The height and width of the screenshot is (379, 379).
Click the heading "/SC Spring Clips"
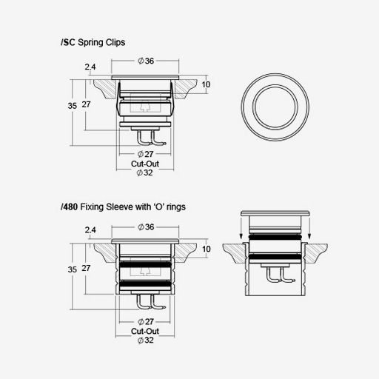click(x=93, y=42)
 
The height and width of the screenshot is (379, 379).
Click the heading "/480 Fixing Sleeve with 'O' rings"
click(x=123, y=207)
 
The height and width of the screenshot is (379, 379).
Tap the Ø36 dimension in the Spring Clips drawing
click(x=146, y=61)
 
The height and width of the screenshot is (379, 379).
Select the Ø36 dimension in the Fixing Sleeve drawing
click(x=146, y=227)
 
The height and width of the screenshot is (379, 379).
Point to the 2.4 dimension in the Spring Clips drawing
click(x=90, y=67)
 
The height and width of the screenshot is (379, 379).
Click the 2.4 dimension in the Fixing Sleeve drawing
click(x=90, y=230)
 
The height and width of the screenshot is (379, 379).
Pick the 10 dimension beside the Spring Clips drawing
click(x=206, y=84)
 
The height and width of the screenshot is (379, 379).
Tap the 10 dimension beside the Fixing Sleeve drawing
click(x=207, y=249)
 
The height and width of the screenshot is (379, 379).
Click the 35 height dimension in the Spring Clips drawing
click(x=73, y=106)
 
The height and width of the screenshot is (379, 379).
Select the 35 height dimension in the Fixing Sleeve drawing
click(x=73, y=269)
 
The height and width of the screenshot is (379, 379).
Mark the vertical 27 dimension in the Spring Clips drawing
click(x=86, y=104)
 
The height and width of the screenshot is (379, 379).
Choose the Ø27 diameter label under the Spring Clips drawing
click(x=145, y=154)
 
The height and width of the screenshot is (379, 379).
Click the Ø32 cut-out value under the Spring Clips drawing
click(x=145, y=172)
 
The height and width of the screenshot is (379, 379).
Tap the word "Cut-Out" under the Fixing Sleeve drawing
click(x=145, y=331)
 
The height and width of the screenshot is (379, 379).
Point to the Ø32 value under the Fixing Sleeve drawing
click(x=146, y=341)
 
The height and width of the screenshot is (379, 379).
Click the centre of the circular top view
click(x=275, y=107)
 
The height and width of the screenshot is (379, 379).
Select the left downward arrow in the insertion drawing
click(x=241, y=227)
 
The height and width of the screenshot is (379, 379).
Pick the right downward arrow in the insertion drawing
click(x=309, y=227)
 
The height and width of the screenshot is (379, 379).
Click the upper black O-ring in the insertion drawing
click(x=275, y=238)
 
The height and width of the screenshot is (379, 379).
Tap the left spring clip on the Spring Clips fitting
click(x=118, y=99)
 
